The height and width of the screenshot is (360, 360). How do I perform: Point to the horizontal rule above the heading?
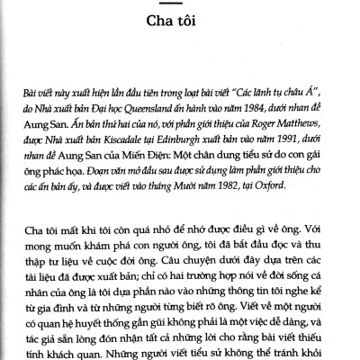pos(180,11)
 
